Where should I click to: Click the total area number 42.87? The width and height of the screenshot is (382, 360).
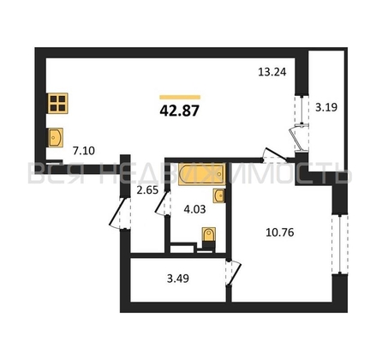click(x=179, y=111)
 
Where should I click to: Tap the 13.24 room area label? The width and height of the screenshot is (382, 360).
click(x=272, y=72)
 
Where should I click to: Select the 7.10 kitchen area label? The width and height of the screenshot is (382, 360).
click(x=84, y=151)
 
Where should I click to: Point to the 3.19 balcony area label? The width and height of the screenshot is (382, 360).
click(x=326, y=107)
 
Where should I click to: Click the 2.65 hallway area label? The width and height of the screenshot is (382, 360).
click(x=147, y=190)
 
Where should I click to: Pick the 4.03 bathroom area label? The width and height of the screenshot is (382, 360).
click(x=194, y=209)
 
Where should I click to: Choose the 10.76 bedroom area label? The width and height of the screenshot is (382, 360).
click(x=280, y=232)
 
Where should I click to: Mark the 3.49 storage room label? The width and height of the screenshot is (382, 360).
click(x=178, y=279)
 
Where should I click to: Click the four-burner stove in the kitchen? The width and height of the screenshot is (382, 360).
click(x=58, y=103)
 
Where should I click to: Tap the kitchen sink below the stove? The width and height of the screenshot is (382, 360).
click(x=56, y=137)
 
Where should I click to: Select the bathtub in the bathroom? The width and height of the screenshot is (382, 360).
click(x=201, y=174)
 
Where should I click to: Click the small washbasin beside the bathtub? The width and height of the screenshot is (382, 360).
click(x=218, y=195)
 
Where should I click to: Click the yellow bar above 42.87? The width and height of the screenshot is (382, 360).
click(x=180, y=97)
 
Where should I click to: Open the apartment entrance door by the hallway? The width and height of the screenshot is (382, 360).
click(x=117, y=213)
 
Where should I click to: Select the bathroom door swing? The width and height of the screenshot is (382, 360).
click(x=162, y=203)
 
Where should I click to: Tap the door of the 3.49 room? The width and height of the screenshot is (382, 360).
click(x=234, y=273)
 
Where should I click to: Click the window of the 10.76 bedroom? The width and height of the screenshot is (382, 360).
click(x=340, y=243)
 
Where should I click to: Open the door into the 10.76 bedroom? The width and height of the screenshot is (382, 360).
click(x=275, y=156)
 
